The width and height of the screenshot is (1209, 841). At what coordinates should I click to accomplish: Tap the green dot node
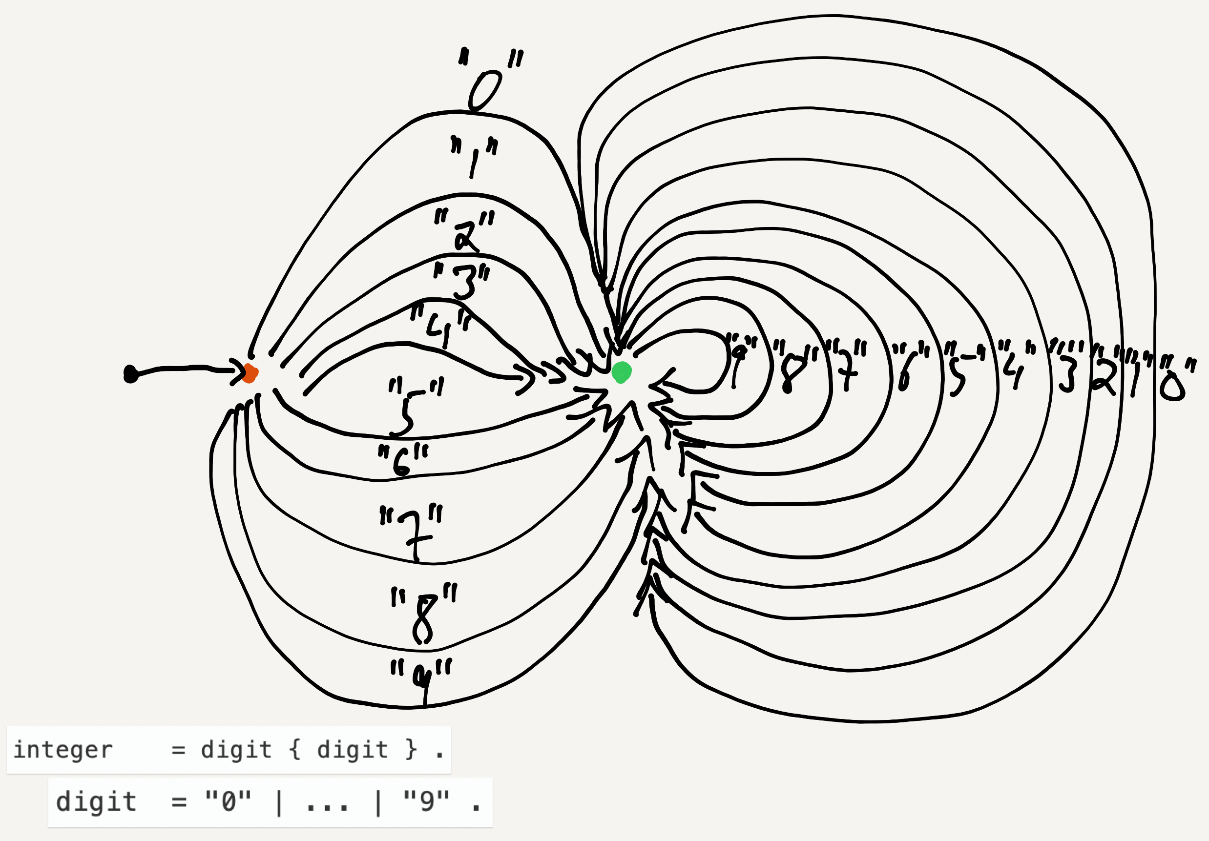pos(622,372)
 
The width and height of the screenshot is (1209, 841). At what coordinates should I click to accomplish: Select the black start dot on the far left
pos(130,374)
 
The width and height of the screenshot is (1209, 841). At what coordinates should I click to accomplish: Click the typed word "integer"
pos(63,750)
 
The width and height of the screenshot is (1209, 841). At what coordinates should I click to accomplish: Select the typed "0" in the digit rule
pos(228,802)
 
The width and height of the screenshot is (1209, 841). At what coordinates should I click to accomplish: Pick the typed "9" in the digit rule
pos(426,802)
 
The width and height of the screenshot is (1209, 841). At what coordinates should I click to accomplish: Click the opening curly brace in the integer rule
pos(295,749)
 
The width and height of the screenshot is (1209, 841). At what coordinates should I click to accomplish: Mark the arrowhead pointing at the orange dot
pos(236,372)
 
